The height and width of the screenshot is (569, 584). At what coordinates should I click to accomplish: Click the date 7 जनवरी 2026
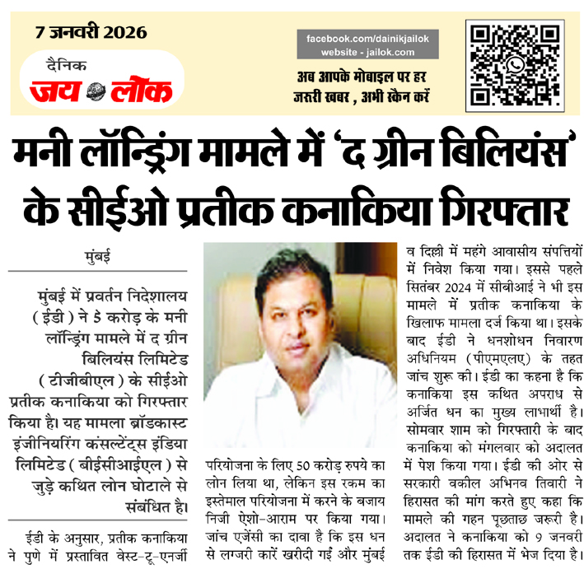[91, 33]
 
